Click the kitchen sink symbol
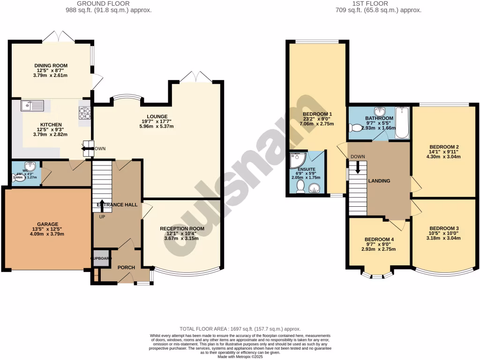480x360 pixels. (32, 106)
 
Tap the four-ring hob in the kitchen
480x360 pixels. (85, 113)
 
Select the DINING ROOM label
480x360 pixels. (51, 66)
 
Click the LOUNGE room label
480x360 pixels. (157, 117)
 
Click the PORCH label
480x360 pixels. (126, 268)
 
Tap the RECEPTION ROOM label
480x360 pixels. (182, 229)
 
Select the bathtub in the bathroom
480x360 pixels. (402, 123)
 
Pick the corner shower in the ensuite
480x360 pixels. (296, 160)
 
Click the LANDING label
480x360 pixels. (379, 180)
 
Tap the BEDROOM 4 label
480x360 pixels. (379, 239)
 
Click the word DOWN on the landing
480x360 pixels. (357, 157)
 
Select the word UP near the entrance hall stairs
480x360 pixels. (102, 217)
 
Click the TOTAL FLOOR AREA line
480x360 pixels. (240, 330)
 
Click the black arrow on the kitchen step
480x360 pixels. (86, 149)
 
